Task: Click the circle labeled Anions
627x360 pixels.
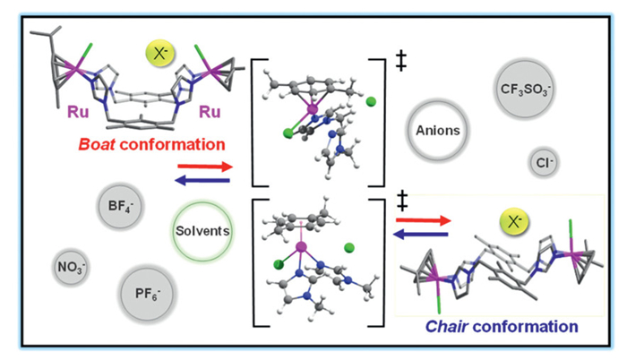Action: click(x=437, y=130)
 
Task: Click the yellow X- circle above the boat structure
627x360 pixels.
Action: click(x=161, y=53)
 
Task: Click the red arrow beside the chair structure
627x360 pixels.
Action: click(x=421, y=218)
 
